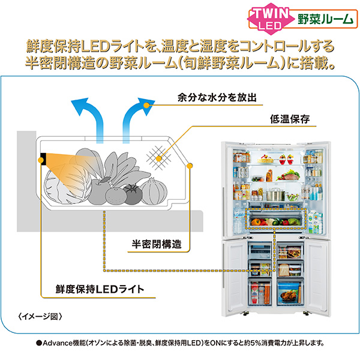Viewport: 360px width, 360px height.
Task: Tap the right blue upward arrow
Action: (x=133, y=117)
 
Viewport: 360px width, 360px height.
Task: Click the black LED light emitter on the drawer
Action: (x=44, y=159)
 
